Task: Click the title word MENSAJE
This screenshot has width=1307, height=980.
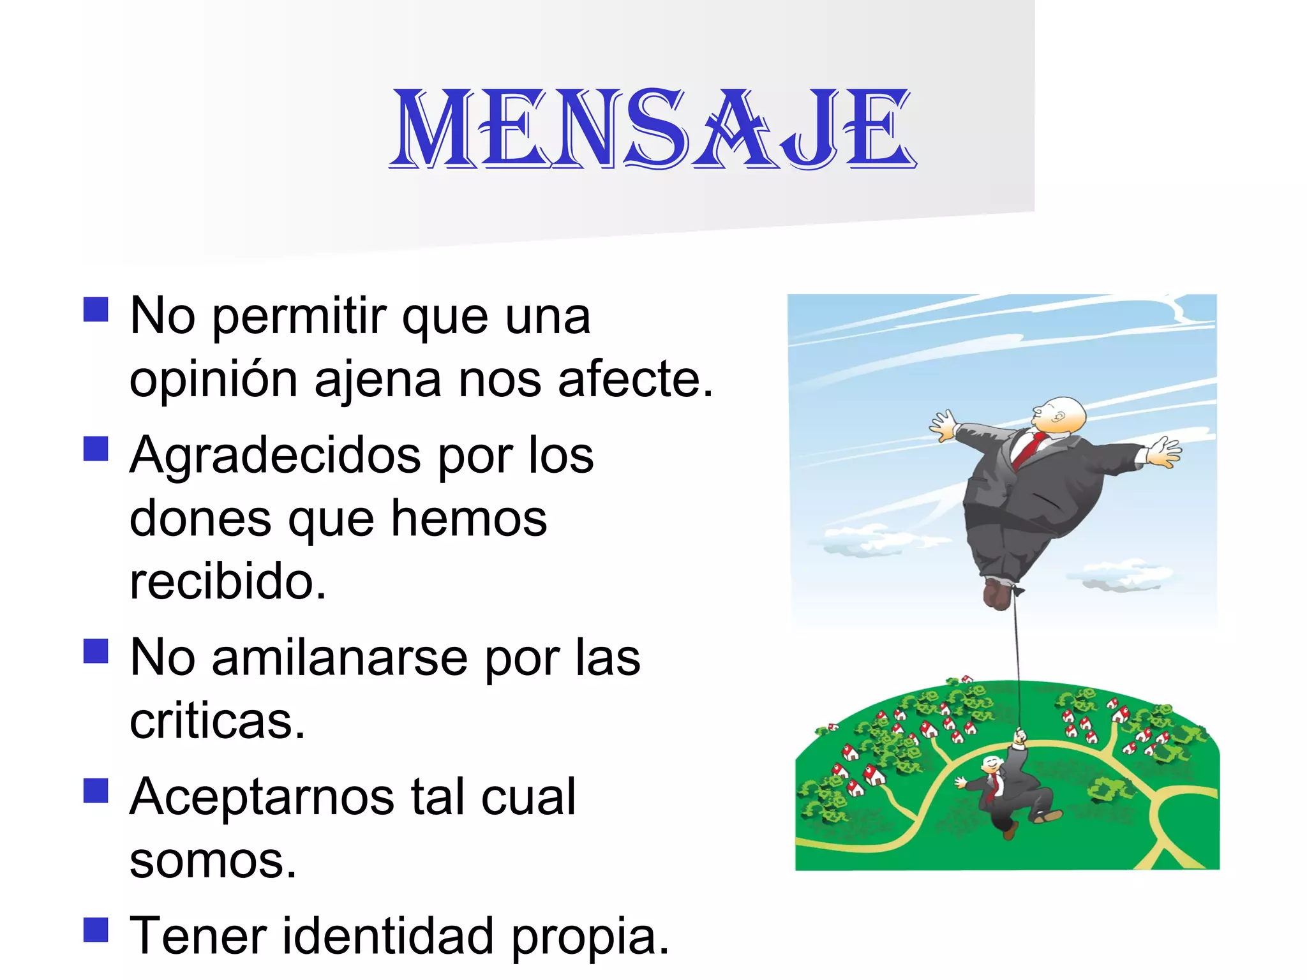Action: (652, 130)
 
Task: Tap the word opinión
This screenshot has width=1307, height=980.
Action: (213, 380)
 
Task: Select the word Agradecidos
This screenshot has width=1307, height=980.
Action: (275, 456)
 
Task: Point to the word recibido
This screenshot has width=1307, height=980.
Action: (227, 582)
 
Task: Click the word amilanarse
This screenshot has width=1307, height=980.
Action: (340, 658)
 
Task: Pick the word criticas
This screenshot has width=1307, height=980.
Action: (217, 722)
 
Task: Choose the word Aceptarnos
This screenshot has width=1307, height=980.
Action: (263, 797)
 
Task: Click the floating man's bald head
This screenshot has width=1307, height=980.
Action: (1063, 415)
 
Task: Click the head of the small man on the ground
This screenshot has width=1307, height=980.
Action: (991, 763)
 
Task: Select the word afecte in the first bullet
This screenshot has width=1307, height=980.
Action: (634, 380)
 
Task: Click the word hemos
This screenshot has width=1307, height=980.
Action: (469, 519)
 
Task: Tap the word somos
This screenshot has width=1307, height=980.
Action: (213, 861)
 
